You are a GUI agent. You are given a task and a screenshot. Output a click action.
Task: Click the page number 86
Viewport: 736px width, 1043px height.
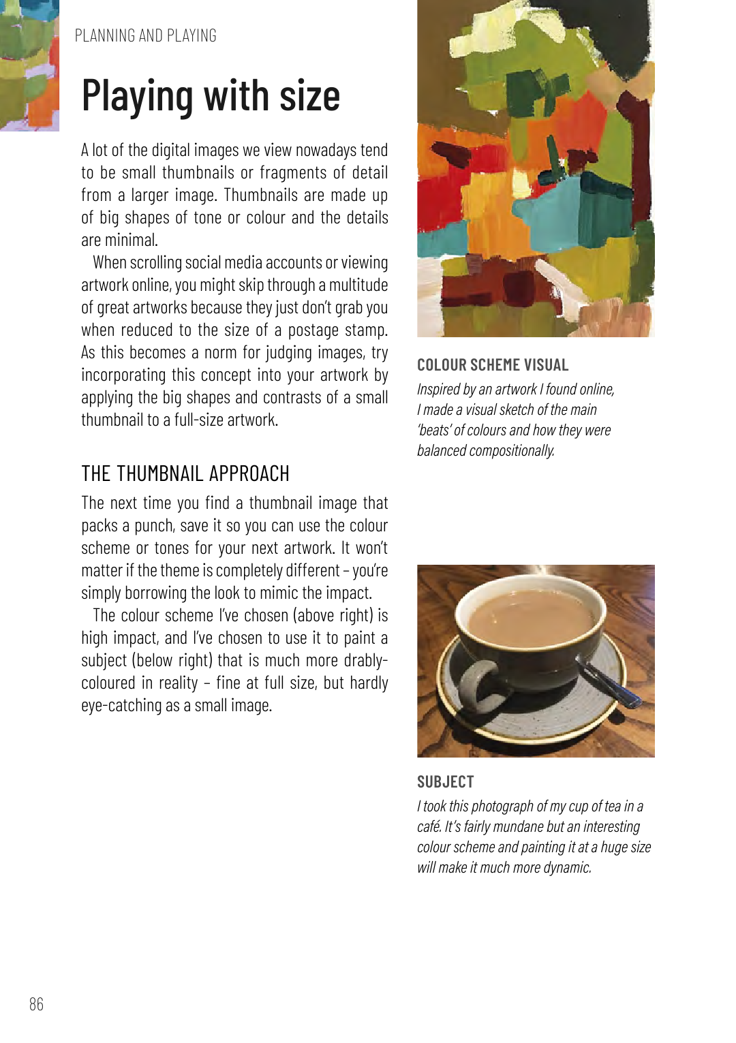tap(36, 1004)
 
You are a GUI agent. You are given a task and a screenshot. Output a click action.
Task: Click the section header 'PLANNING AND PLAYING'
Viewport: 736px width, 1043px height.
tap(145, 35)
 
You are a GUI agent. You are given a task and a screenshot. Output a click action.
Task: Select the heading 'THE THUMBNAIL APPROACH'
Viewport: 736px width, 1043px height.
tap(185, 473)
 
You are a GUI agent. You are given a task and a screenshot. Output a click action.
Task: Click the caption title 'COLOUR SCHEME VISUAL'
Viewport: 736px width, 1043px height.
tap(493, 365)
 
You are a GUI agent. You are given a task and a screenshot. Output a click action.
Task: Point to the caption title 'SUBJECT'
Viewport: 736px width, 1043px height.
tap(445, 782)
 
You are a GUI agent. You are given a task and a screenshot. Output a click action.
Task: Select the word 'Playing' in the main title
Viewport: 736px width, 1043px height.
tap(137, 95)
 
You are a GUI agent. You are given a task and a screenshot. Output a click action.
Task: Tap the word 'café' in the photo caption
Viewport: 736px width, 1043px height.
tap(429, 827)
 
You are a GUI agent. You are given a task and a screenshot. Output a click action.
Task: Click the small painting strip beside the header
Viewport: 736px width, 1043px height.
tap(29, 65)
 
